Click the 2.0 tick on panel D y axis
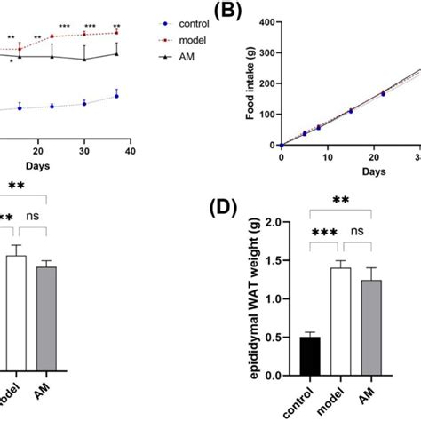click(284, 221)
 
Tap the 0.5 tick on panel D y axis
click(284, 338)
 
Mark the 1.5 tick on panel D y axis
click(284, 260)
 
